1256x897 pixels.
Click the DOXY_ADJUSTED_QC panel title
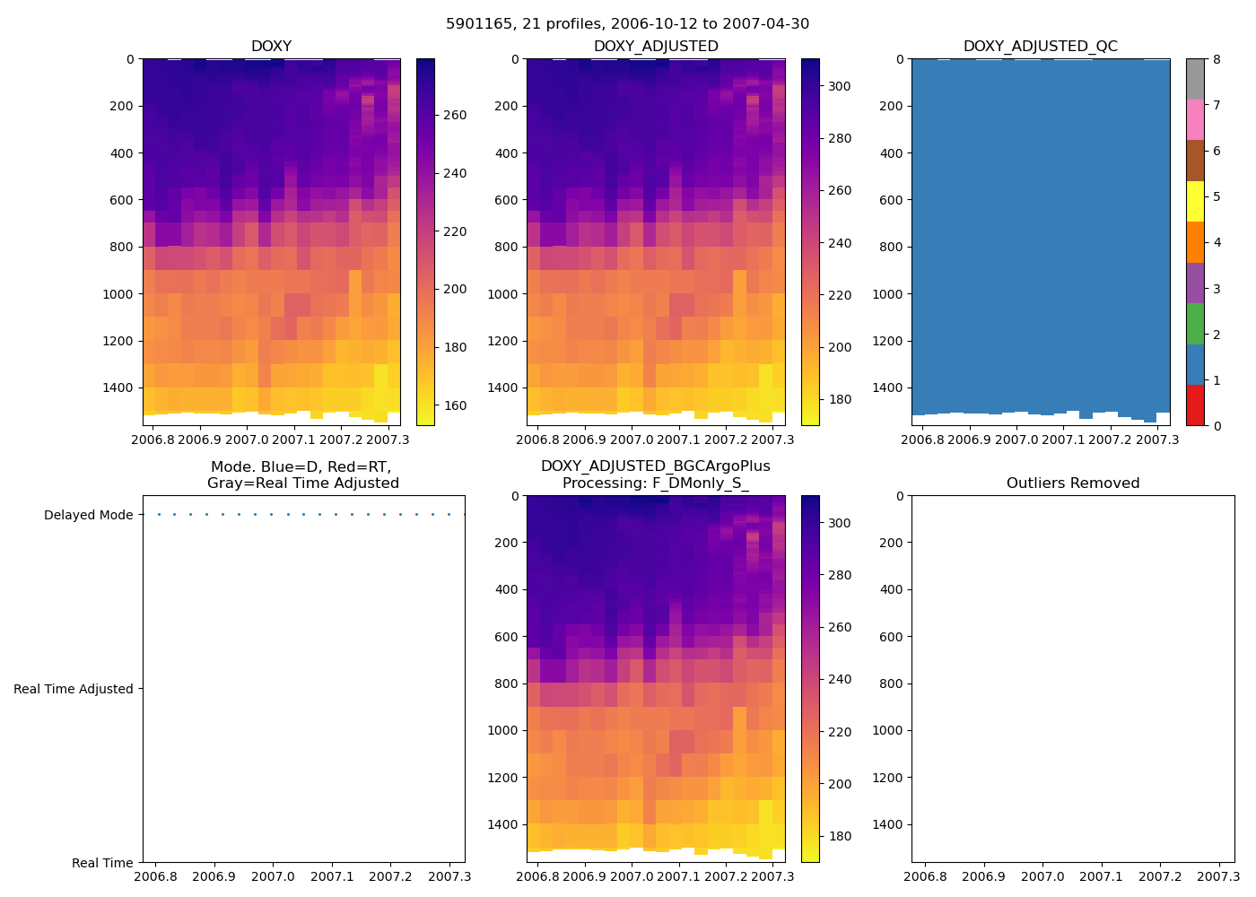point(1040,47)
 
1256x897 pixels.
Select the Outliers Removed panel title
point(1073,483)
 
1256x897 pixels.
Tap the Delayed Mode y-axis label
point(89,516)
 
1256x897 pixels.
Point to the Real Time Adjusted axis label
point(74,690)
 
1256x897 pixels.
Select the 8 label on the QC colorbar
point(1216,60)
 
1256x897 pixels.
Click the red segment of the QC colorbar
point(1195,405)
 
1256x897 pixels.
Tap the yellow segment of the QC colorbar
point(1195,201)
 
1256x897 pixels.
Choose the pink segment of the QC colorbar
point(1195,119)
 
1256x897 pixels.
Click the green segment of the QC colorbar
point(1195,324)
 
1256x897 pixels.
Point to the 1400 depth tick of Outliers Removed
point(887,825)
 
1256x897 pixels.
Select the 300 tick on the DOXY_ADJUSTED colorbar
point(840,87)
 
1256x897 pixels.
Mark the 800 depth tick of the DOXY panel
point(118,248)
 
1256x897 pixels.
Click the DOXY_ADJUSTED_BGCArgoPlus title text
point(655,466)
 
